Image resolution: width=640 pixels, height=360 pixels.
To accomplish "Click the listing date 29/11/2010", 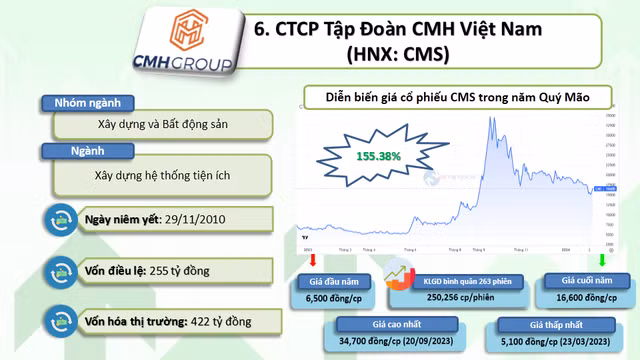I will click(x=201, y=218).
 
